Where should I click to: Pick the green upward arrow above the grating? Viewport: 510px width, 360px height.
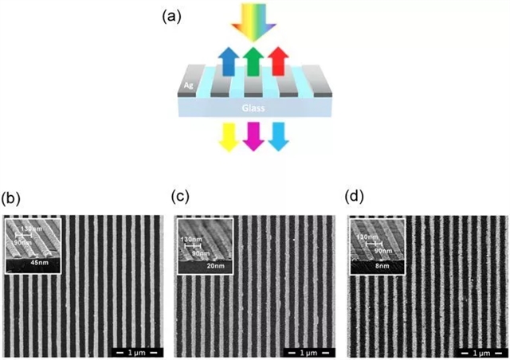click(253, 61)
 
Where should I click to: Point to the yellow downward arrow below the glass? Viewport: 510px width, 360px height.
click(226, 137)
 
